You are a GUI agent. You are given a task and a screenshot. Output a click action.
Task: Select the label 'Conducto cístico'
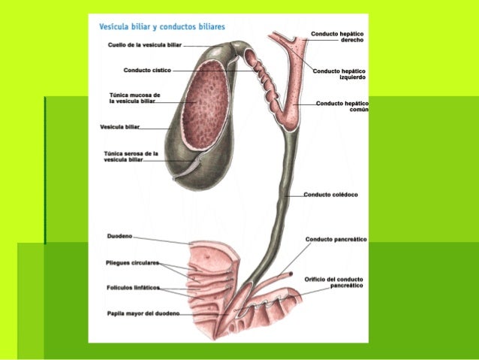[147, 70]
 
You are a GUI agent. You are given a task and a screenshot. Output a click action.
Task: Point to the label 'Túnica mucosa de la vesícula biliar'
[134, 98]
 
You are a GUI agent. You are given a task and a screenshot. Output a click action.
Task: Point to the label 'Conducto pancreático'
[336, 239]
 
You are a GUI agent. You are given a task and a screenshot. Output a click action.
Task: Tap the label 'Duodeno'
[119, 236]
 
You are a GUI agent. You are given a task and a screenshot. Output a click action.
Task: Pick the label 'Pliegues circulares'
[132, 263]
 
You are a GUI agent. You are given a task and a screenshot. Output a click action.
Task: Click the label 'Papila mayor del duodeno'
[142, 313]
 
